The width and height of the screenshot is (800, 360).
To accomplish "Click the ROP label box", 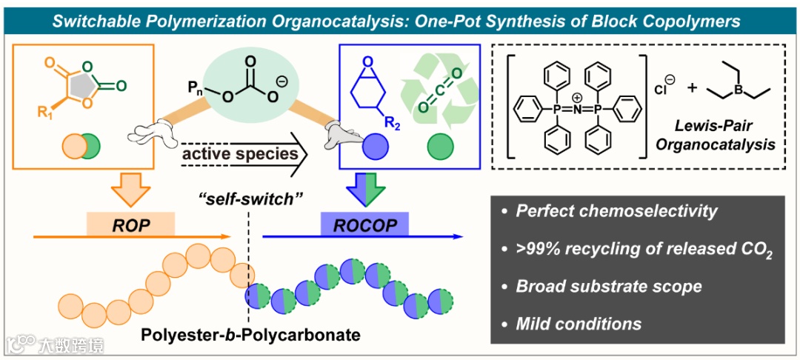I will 130,223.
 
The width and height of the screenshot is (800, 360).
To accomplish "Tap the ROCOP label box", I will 364,223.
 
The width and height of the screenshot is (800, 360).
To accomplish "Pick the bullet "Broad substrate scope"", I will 609,286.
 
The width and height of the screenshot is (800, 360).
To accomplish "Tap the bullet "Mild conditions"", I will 579,323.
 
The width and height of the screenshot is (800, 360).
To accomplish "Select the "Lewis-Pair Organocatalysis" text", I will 715,136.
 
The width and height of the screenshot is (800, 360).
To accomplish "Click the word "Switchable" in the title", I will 99,21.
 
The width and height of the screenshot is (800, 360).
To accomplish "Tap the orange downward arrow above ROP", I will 130,190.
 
